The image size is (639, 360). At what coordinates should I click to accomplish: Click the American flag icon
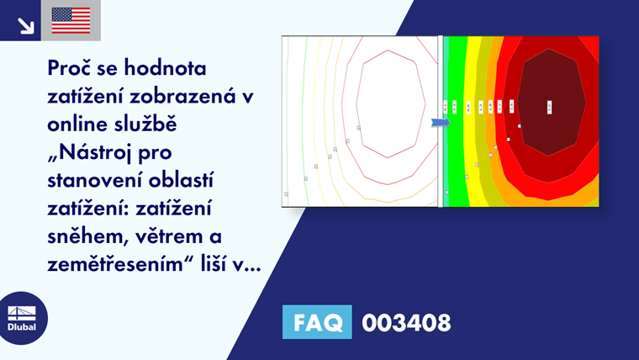pyautogui.click(x=71, y=20)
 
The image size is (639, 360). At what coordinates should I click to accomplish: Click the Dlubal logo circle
pyautogui.click(x=23, y=317)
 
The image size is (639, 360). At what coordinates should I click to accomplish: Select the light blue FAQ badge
pyautogui.click(x=317, y=322)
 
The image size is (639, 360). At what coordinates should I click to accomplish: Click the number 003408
pyautogui.click(x=406, y=322)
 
